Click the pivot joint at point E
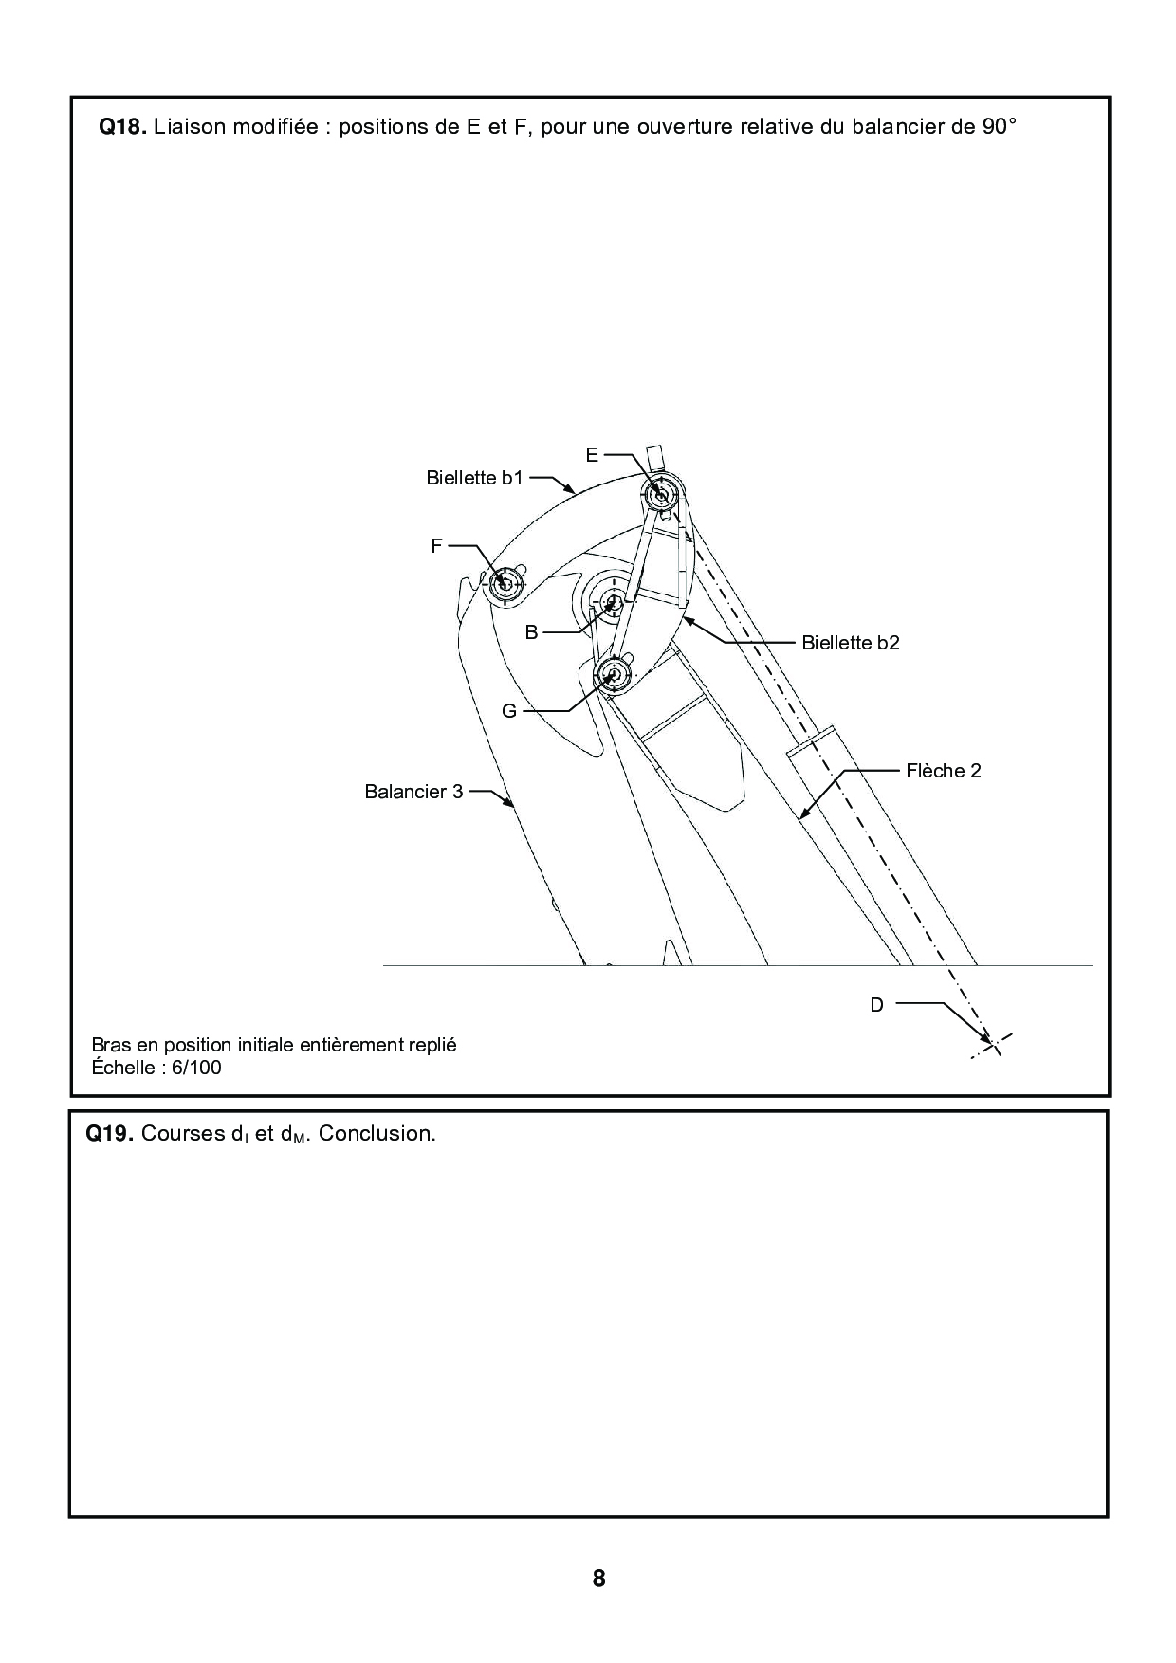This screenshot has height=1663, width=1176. pos(658,493)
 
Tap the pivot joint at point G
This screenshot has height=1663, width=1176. pos(614,674)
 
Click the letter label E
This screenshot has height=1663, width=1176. pos(592,455)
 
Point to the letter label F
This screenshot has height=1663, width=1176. pos(436,546)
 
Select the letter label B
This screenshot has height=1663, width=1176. pos(531,632)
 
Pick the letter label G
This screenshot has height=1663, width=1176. pos(509,710)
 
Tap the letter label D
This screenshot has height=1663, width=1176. pos(876,1005)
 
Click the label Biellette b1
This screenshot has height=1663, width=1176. pos(474,478)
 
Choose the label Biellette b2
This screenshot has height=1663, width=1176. pos(850,643)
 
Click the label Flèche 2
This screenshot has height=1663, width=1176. pos(943,771)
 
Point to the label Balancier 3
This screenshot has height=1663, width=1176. pos(413,792)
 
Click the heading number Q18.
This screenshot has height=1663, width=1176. pos(122,127)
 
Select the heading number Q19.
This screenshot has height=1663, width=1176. pos(109,1134)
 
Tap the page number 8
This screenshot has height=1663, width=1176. pos(598,1579)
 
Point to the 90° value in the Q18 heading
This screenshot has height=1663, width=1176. pos(999,127)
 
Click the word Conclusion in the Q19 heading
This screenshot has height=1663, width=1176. pos(377,1134)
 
